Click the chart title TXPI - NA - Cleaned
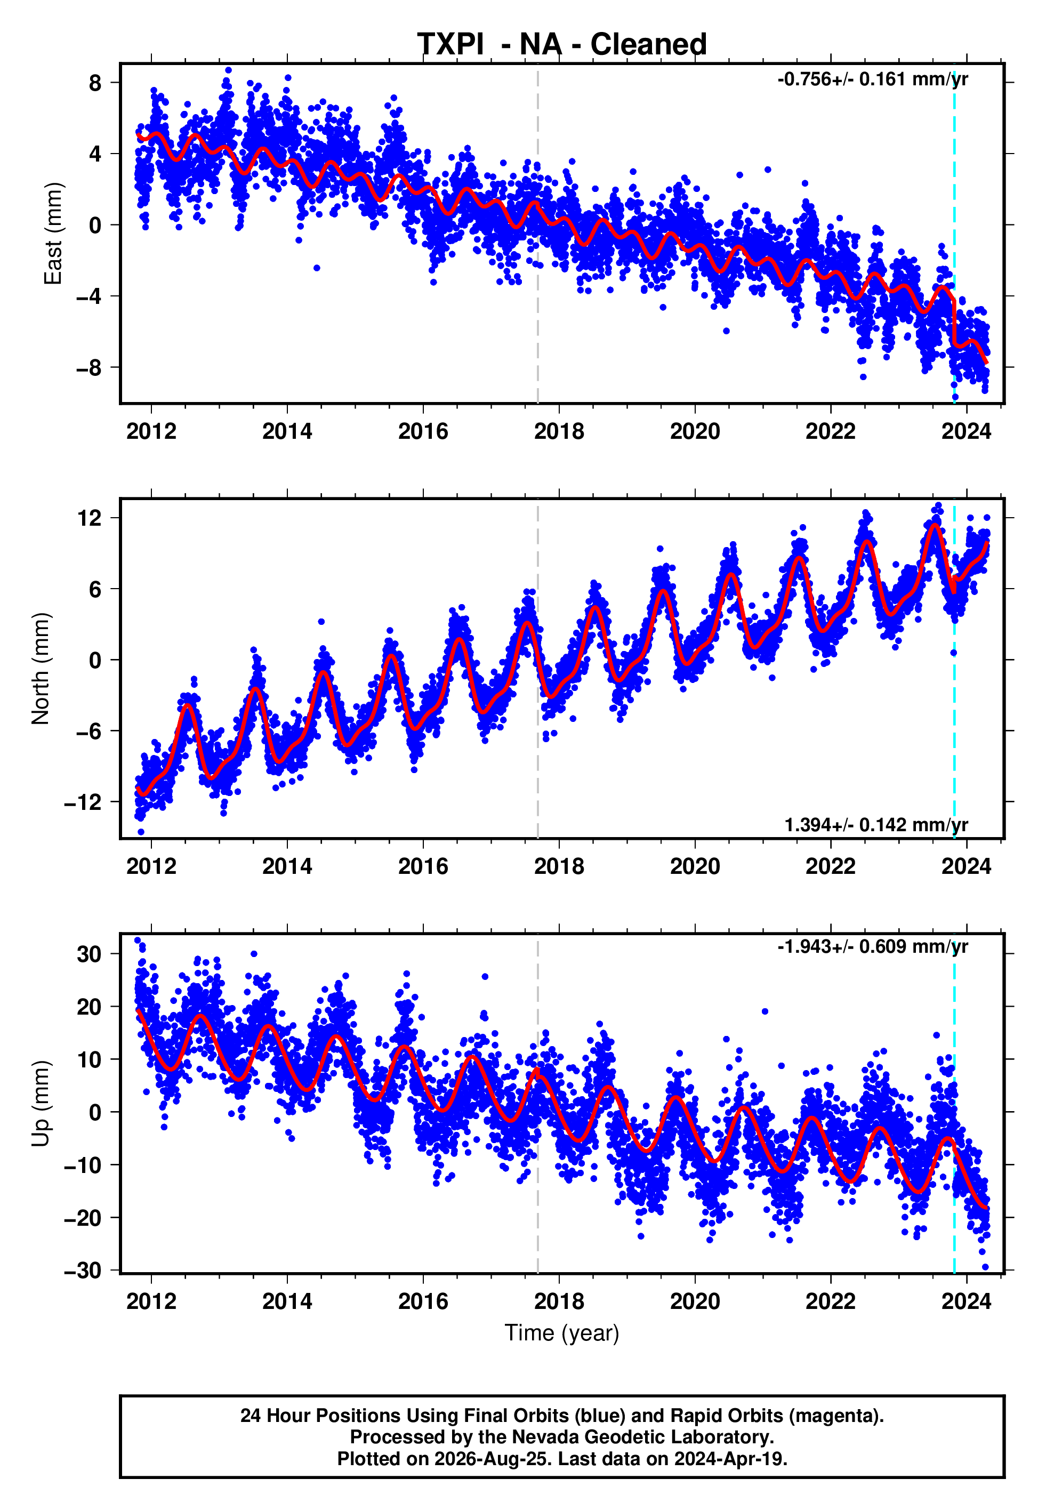[x=562, y=45]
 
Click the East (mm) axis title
[x=52, y=234]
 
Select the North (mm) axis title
[x=40, y=669]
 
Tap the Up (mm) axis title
[x=40, y=1104]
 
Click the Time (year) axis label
[x=562, y=1333]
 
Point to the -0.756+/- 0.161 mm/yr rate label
[x=872, y=79]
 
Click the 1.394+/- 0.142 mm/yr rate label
[x=876, y=824]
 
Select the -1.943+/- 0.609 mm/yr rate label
[x=872, y=946]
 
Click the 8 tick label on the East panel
[x=95, y=83]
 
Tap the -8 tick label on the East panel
[x=89, y=367]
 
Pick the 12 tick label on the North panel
[x=90, y=518]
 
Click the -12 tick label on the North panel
[x=83, y=802]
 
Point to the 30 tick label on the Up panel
[x=89, y=954]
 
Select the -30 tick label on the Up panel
[x=83, y=1271]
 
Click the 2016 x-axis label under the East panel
[x=423, y=431]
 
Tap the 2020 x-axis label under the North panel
[x=695, y=866]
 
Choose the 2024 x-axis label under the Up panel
[x=967, y=1301]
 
